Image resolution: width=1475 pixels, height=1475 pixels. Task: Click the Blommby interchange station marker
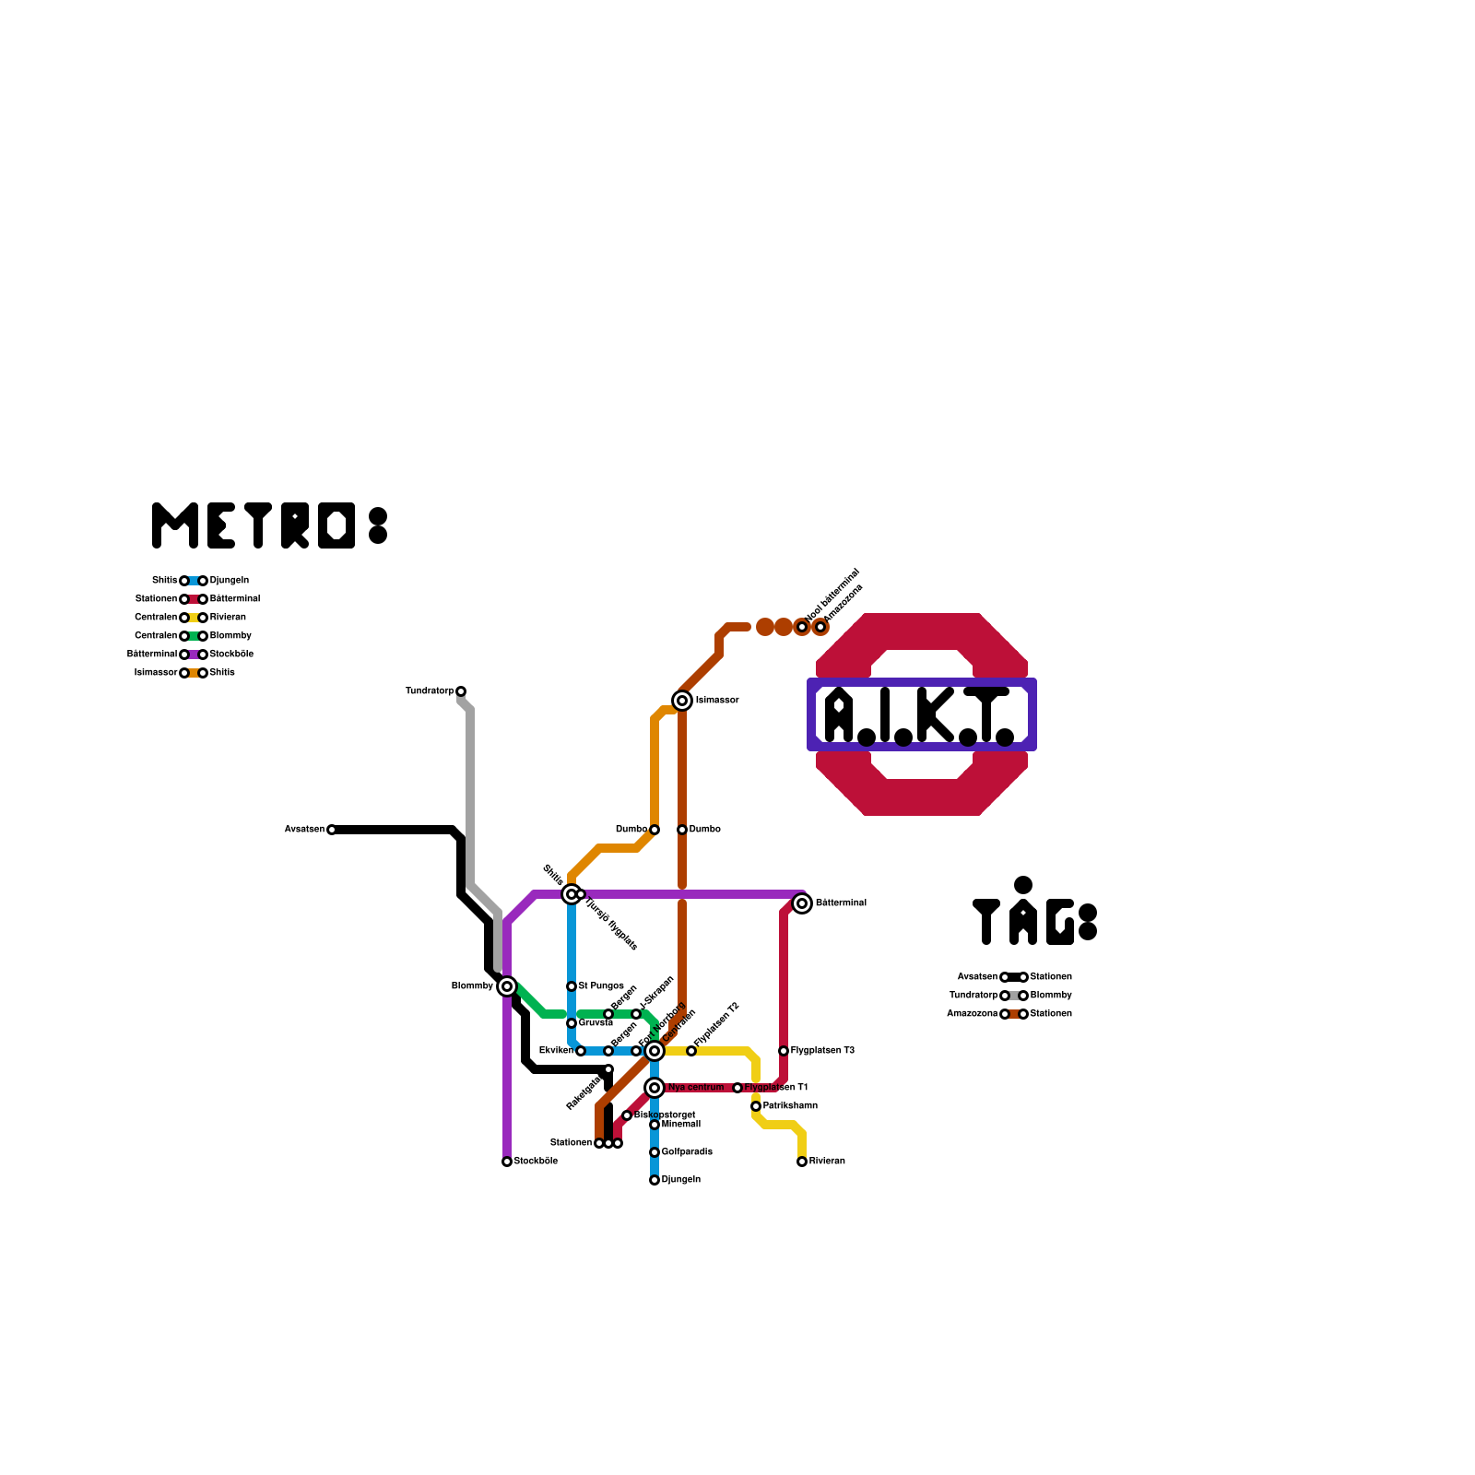click(507, 986)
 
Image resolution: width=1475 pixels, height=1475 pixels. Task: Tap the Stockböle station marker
click(507, 1162)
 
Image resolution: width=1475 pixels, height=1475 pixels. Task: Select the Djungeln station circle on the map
click(655, 1180)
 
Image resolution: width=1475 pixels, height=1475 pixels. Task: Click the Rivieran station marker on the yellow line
click(802, 1162)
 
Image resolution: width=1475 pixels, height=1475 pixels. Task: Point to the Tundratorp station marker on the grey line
click(461, 691)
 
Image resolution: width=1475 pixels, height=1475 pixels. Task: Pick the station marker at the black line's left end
click(332, 830)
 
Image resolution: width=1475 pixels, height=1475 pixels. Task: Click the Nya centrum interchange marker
click(655, 1088)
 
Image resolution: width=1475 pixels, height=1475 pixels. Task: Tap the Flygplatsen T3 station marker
click(784, 1051)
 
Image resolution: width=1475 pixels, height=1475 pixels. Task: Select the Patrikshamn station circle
click(756, 1106)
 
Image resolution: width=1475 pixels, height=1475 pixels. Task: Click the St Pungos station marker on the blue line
click(572, 986)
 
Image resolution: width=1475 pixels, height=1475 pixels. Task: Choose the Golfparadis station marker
click(655, 1152)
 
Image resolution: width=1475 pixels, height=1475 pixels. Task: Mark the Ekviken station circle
click(581, 1051)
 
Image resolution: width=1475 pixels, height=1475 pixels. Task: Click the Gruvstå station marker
click(572, 1023)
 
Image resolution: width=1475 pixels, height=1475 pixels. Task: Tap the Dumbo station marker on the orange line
click(655, 830)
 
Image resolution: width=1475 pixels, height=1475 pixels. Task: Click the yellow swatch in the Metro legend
click(194, 618)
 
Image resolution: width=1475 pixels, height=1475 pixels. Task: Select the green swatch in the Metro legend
click(194, 636)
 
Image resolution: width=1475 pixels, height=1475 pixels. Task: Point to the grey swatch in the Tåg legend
click(1014, 996)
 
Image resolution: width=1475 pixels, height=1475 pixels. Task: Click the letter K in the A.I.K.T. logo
click(936, 714)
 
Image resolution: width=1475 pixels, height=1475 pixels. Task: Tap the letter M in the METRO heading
click(175, 525)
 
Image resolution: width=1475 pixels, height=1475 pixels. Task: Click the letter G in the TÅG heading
click(1060, 922)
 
